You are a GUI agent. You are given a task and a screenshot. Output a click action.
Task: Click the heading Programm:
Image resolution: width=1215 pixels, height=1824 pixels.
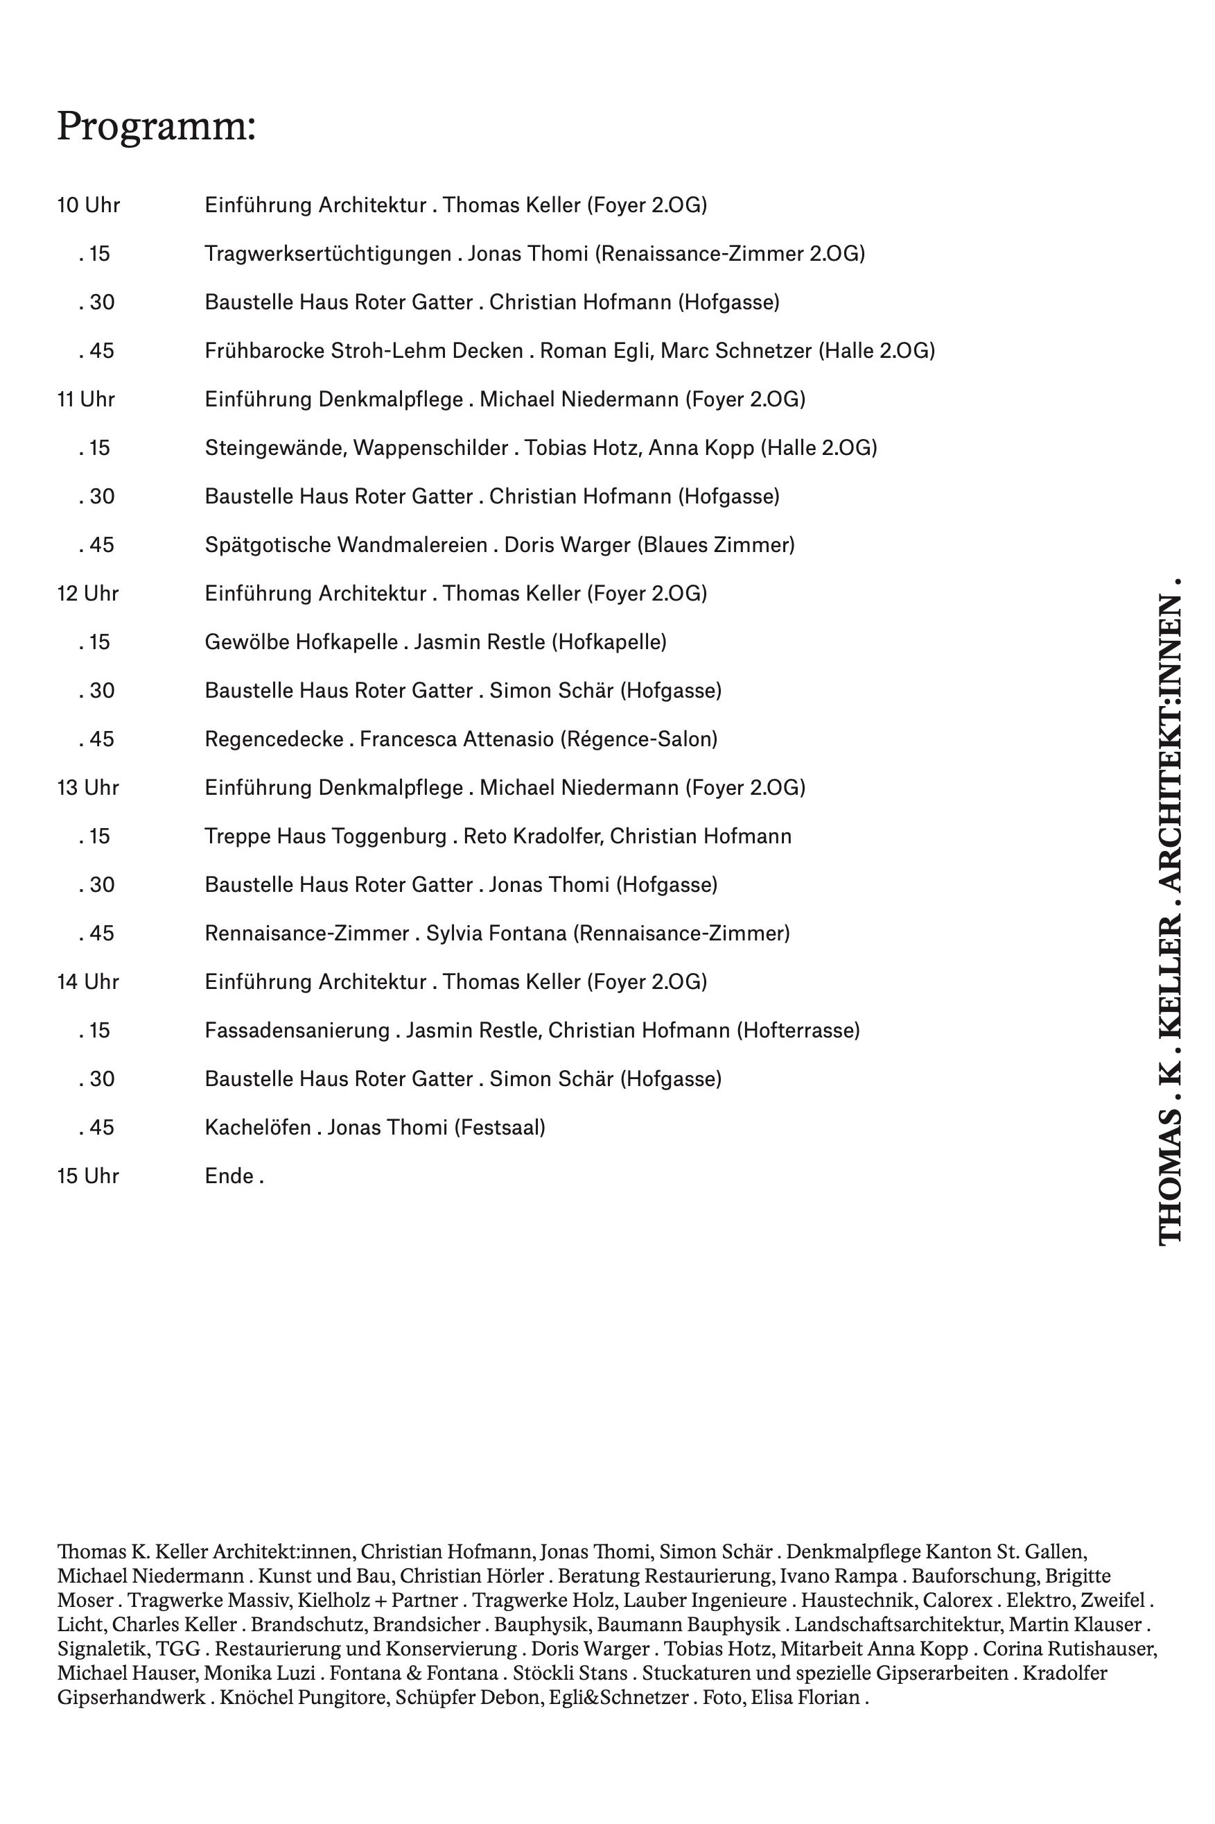156,126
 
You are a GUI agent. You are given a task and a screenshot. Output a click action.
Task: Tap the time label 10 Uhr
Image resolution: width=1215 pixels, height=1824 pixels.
88,205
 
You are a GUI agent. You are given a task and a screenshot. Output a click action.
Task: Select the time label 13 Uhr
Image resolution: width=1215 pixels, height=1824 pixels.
88,788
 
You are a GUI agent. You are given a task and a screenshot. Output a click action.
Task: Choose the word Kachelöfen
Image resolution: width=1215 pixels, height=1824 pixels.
256,1127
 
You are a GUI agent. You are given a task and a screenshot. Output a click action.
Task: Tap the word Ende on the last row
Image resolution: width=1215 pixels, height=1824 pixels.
229,1176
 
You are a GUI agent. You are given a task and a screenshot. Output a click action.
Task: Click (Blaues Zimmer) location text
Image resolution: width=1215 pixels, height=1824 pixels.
716,545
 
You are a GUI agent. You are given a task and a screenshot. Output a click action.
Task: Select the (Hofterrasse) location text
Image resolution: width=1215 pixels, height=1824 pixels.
798,1030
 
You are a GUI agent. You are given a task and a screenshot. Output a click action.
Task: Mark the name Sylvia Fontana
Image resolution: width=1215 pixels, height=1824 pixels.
496,933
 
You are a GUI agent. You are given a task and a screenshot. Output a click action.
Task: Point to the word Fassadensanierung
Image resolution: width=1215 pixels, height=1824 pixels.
297,1030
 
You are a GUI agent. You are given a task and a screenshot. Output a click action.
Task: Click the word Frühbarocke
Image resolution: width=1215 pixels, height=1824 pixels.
264,351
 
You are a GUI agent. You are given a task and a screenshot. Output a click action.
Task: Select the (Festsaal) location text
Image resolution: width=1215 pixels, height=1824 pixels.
500,1127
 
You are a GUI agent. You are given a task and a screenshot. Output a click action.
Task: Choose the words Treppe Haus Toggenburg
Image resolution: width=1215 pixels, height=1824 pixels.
326,836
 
